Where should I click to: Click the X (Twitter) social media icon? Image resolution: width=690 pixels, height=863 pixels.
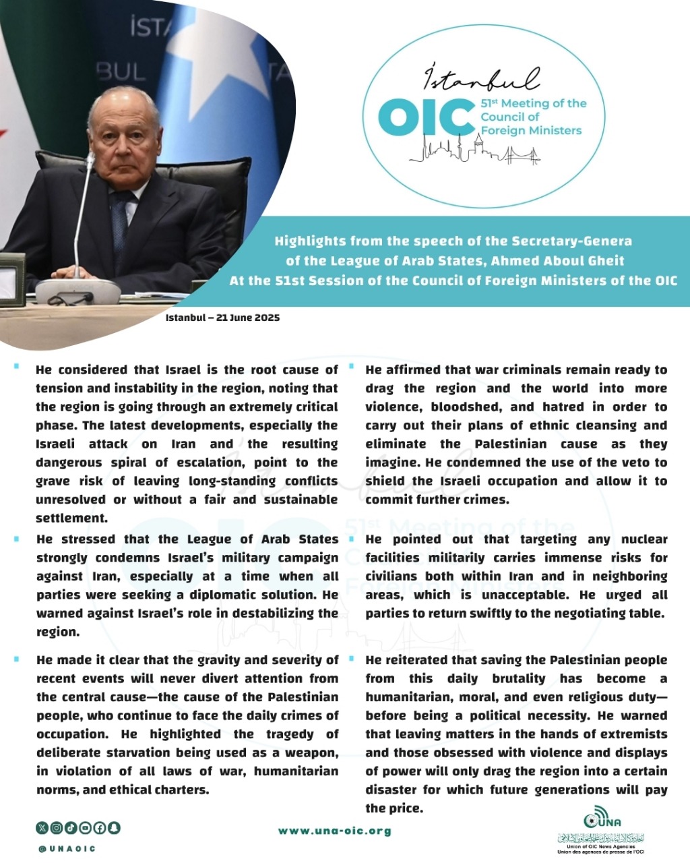42,827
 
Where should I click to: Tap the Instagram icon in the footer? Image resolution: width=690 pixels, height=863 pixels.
57,827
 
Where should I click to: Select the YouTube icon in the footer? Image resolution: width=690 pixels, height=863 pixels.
86,827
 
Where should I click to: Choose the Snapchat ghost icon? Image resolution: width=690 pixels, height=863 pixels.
114,827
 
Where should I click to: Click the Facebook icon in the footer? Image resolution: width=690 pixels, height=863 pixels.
100,827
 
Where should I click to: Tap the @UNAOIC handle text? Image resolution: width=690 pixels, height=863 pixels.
67,849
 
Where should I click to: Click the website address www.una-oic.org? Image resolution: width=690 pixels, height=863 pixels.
334,831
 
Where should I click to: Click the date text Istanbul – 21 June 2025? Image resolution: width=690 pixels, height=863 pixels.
222,317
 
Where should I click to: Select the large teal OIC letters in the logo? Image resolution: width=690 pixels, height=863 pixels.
427,117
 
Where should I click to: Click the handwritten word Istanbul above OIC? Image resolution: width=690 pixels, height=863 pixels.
481,78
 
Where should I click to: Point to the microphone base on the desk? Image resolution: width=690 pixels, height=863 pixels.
77,291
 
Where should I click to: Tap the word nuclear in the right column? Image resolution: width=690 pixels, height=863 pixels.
644,539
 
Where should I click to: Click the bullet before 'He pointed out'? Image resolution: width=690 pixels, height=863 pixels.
351,539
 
